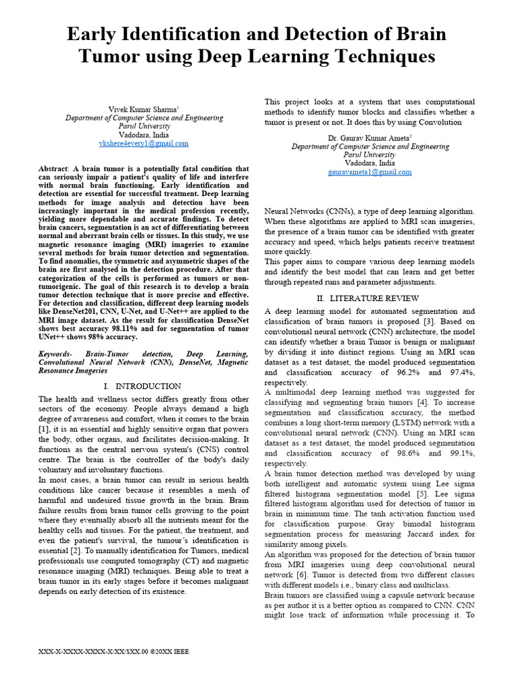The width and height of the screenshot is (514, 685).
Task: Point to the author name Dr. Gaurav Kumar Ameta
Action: pos(369,137)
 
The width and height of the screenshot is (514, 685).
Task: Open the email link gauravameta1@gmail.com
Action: pos(369,172)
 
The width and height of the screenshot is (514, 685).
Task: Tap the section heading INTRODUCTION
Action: pos(148,386)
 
